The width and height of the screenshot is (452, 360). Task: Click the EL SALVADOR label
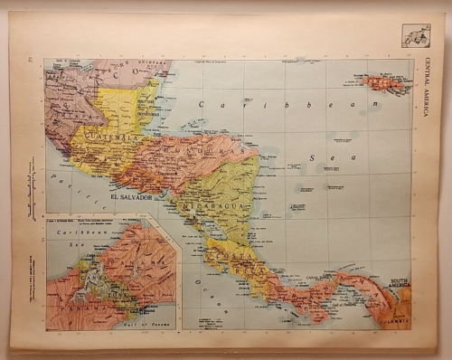coord(131,196)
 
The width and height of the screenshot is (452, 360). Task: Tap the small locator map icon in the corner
coord(416,35)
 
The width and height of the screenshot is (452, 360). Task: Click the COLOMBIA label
coord(396,317)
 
